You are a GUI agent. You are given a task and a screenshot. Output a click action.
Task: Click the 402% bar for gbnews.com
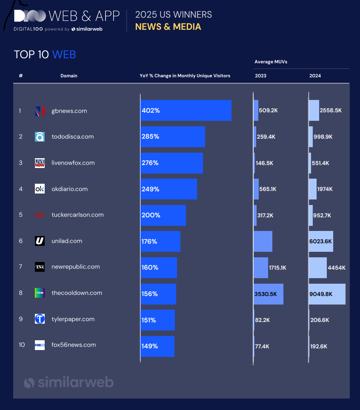[x=186, y=111]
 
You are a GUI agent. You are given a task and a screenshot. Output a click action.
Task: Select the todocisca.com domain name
[x=72, y=137]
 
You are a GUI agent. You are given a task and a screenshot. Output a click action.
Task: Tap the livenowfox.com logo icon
[x=40, y=163]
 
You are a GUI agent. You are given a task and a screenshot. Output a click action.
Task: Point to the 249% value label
[x=151, y=189]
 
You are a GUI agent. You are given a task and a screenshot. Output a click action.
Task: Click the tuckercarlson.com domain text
[x=77, y=215]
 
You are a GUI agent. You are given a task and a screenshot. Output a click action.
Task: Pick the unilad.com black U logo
[x=40, y=241]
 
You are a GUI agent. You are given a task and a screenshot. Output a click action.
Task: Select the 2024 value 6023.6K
[x=321, y=242]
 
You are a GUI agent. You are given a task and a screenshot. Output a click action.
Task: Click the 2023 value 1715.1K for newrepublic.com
[x=277, y=268]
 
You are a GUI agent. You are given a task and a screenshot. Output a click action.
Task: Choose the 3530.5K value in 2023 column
[x=266, y=294]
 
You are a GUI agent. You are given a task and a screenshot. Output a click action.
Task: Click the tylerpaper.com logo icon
[x=40, y=319]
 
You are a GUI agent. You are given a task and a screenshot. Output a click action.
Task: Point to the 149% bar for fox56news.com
[x=157, y=346]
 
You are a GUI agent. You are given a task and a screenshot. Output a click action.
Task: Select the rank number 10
[x=22, y=345]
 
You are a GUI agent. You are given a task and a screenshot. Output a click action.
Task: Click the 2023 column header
[x=260, y=76]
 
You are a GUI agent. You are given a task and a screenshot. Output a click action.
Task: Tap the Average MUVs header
[x=271, y=62]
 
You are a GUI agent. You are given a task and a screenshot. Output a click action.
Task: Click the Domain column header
[x=69, y=76]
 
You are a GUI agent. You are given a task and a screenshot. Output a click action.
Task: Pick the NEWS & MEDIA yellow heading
[x=168, y=27]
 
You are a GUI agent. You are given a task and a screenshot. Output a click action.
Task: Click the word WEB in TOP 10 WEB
[x=64, y=54]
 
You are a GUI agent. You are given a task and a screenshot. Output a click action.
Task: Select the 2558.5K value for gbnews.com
[x=331, y=111]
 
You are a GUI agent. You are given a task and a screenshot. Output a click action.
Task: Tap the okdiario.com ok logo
[x=40, y=189]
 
